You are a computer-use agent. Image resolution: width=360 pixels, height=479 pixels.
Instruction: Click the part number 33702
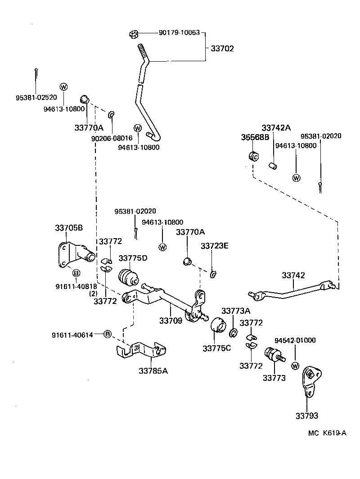[222, 48]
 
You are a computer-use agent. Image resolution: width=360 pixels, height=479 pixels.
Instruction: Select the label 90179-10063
[180, 33]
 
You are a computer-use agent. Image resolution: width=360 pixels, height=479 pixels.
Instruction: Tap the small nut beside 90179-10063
[132, 34]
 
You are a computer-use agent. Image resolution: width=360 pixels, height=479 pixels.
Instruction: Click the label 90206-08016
[112, 139]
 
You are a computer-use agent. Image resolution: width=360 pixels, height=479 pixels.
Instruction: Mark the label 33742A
[276, 128]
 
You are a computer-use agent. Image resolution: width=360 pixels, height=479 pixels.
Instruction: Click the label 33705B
[69, 228]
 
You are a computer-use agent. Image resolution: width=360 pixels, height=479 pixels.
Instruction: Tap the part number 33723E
[215, 245]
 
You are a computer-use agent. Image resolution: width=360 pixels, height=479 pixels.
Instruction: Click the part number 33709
[171, 321]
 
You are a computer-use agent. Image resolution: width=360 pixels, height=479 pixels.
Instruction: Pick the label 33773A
[236, 311]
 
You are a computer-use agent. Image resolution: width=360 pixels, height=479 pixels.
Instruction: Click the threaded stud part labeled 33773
[273, 357]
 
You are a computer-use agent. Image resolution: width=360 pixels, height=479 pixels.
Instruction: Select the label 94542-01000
[295, 340]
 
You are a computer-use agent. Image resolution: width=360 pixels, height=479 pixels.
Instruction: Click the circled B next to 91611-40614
[107, 334]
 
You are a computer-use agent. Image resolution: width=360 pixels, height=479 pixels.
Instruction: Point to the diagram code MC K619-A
[327, 433]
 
